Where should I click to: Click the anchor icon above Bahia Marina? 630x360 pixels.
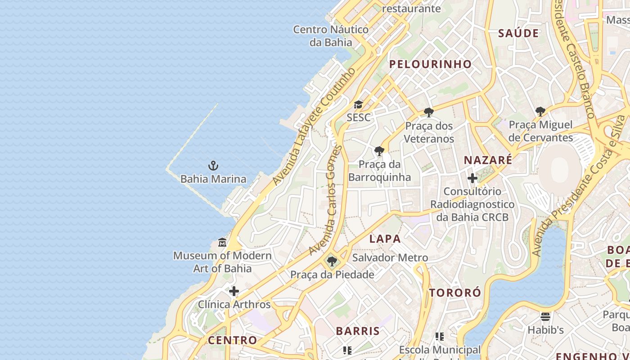tap(213, 166)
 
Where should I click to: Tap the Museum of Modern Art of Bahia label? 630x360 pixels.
tap(222, 262)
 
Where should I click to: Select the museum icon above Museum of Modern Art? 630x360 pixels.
tap(222, 243)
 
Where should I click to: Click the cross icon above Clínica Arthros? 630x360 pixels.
tap(234, 291)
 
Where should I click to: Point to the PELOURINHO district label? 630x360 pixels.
tap(430, 64)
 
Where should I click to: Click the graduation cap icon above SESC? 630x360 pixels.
tap(358, 105)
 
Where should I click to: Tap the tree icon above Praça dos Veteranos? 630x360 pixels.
tap(429, 112)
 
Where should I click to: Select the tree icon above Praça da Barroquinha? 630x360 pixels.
tap(379, 151)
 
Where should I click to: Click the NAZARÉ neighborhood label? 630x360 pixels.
tap(488, 160)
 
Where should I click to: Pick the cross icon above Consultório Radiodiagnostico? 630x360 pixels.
tap(472, 178)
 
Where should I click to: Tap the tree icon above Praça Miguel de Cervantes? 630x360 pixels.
tap(540, 111)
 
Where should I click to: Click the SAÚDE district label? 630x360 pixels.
tap(518, 33)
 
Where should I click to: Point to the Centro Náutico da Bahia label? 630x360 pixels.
tap(331, 36)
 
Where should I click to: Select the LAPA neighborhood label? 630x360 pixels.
tap(385, 239)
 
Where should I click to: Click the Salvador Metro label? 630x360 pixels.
tap(390, 258)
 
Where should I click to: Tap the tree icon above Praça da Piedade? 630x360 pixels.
tap(332, 261)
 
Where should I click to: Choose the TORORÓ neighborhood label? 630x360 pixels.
tap(455, 293)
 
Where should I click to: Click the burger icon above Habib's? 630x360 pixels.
tap(545, 316)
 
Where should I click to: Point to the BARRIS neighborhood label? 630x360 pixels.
tap(358, 331)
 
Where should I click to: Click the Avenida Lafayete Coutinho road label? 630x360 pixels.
tap(314, 127)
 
